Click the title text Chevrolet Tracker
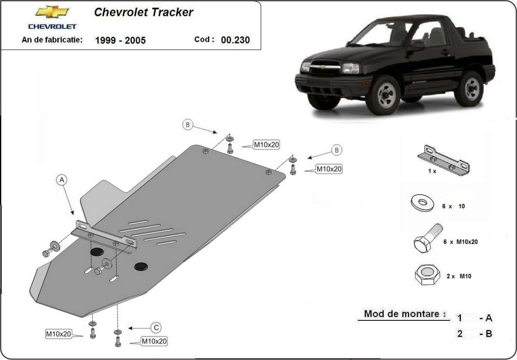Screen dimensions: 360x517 (x=143, y=13)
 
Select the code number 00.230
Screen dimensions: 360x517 (x=235, y=40)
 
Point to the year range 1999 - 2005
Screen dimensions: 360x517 (x=120, y=41)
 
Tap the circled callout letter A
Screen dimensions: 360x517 (x=62, y=179)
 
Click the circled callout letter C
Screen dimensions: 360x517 (x=156, y=328)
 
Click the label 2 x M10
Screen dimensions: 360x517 (x=459, y=276)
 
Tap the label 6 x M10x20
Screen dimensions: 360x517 (x=460, y=242)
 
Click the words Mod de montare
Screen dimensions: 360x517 (x=405, y=314)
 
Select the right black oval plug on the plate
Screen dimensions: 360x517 (x=141, y=266)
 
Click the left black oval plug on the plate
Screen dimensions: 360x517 (x=97, y=252)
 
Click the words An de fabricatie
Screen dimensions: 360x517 (x=52, y=40)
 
